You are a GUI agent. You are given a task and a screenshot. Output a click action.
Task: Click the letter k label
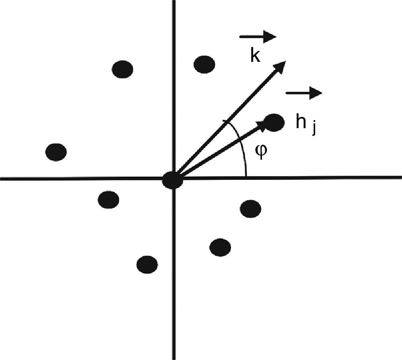(255, 56)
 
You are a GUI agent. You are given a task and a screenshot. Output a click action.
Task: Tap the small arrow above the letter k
(258, 37)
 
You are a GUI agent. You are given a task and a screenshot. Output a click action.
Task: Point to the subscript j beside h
(313, 129)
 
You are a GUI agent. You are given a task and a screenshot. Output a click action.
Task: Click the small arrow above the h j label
(304, 93)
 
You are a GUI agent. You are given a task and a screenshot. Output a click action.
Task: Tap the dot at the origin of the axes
(173, 181)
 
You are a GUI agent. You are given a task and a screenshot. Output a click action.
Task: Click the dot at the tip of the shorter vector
(275, 123)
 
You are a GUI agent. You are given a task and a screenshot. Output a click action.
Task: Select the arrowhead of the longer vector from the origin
(280, 66)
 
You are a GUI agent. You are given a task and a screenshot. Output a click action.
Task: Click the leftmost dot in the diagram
(56, 152)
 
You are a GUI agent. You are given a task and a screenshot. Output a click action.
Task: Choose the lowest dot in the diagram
(147, 264)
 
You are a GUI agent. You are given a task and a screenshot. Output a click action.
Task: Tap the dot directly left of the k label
(204, 64)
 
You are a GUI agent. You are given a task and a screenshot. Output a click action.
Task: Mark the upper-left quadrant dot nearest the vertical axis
(123, 69)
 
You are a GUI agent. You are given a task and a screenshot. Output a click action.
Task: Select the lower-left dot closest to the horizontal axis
(109, 199)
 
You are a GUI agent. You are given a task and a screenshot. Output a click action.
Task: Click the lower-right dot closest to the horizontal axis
(250, 209)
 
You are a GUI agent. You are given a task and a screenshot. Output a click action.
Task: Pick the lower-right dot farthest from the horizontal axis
(220, 247)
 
